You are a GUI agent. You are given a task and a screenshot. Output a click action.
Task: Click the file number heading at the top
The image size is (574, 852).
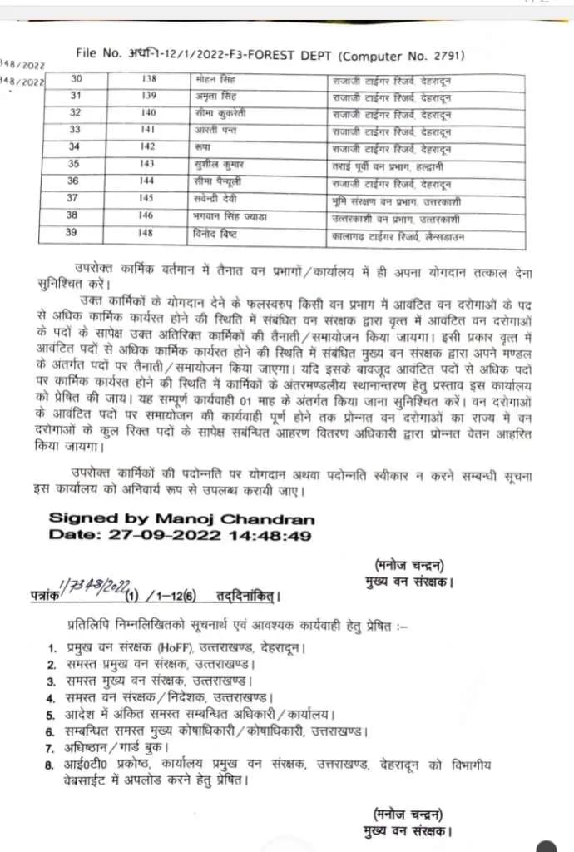270,55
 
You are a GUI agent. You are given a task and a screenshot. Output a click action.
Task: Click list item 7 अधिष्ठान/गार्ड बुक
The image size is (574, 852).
116,747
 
